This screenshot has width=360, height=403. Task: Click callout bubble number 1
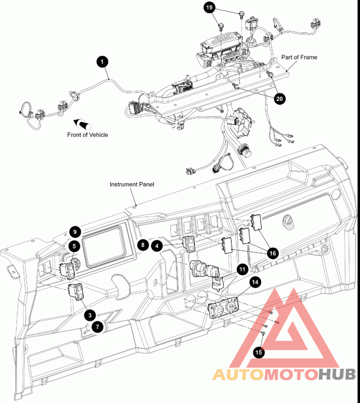pyautogui.click(x=102, y=62)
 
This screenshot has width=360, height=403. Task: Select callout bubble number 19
pyautogui.click(x=209, y=8)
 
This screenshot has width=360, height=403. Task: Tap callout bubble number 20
pyautogui.click(x=279, y=99)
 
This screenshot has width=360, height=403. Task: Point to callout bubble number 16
pyautogui.click(x=272, y=254)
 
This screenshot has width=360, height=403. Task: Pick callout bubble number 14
pyautogui.click(x=255, y=282)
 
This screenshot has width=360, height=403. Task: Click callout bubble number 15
pyautogui.click(x=259, y=352)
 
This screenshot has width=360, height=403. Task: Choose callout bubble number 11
pyautogui.click(x=242, y=269)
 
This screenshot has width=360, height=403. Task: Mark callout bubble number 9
pyautogui.click(x=75, y=232)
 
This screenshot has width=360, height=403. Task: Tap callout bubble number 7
pyautogui.click(x=97, y=327)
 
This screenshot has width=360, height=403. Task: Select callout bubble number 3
pyautogui.click(x=90, y=315)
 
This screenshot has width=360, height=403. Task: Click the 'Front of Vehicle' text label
pyautogui.click(x=88, y=135)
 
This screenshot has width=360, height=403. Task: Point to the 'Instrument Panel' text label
pyautogui.click(x=132, y=185)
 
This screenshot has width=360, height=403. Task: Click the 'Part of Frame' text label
pyautogui.click(x=299, y=57)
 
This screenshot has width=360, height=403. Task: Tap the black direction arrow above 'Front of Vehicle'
pyautogui.click(x=83, y=124)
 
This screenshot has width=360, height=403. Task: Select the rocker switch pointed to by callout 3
pyautogui.click(x=76, y=291)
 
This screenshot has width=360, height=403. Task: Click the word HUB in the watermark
pyautogui.click(x=337, y=375)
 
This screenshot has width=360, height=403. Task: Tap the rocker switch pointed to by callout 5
pyautogui.click(x=67, y=271)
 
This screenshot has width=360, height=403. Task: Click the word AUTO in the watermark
pyautogui.click(x=238, y=375)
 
